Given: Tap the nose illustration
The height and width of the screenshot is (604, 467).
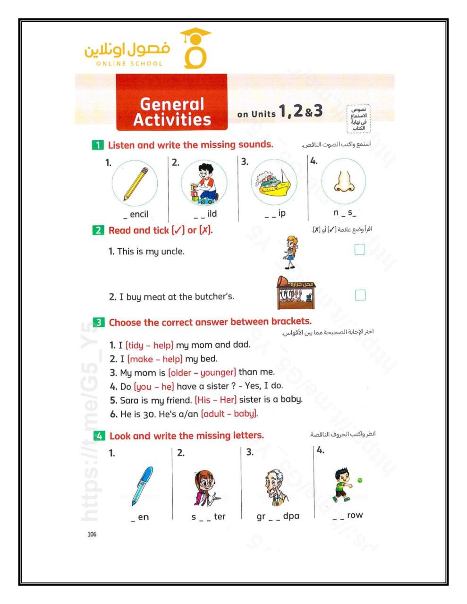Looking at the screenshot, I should click(344, 182).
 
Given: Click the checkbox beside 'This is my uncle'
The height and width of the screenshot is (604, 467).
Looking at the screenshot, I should click(360, 249).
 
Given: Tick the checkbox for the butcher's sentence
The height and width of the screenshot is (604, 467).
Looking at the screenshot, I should click(360, 295).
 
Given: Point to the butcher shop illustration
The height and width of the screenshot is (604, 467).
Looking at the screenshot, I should click(296, 293).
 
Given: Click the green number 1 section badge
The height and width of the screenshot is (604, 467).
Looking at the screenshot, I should click(97, 145).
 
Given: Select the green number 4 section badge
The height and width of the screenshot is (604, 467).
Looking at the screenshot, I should click(99, 436).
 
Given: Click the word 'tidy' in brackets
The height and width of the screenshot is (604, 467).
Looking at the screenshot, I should click(136, 345).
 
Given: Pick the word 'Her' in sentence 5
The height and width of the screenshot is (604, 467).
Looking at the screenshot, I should click(227, 400).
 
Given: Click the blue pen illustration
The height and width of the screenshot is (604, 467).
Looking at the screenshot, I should click(143, 486).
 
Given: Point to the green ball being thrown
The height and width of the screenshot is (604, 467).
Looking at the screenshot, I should click(360, 480).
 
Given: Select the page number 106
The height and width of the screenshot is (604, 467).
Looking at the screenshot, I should click(92, 534).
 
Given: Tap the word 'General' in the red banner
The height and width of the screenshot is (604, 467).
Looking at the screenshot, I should click(172, 104).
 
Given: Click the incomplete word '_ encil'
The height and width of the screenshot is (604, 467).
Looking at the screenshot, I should click(136, 214).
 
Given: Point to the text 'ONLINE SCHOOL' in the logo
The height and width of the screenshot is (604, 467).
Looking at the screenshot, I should click(129, 64).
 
